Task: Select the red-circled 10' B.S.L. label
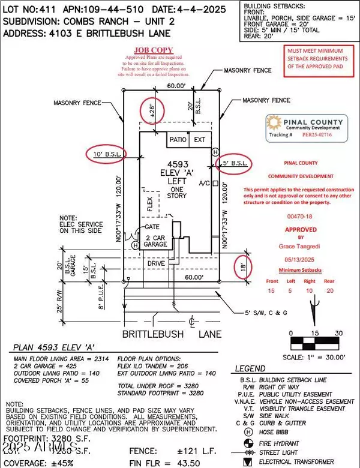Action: tap(109, 155)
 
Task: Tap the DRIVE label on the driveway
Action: tap(156, 263)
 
